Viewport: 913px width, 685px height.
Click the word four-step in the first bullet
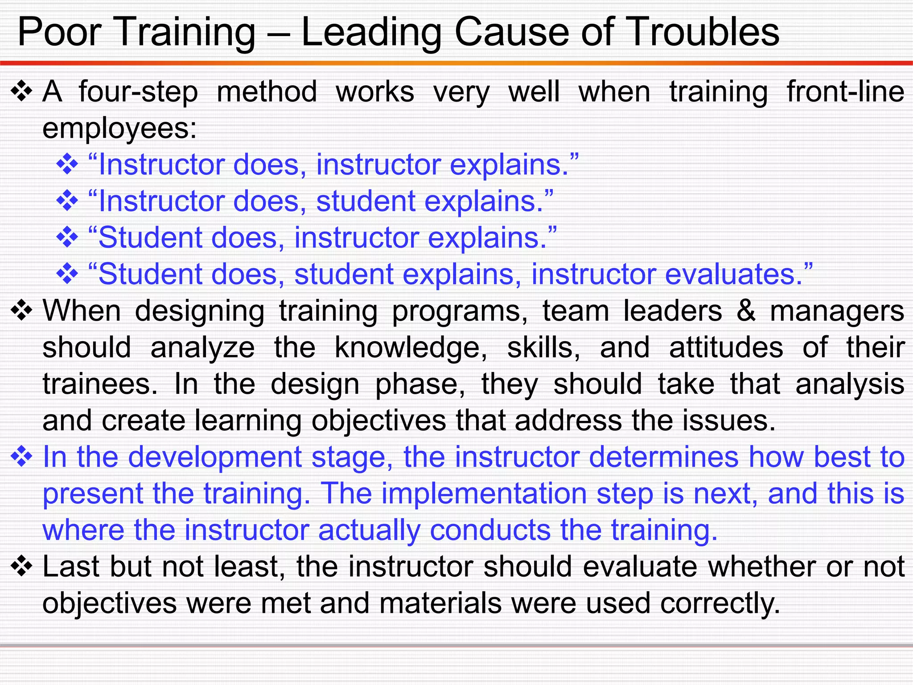(138, 92)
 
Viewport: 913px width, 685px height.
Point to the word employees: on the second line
(119, 129)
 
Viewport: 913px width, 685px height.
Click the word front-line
(845, 92)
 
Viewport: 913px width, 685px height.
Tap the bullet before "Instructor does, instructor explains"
(67, 165)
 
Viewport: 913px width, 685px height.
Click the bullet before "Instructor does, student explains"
(67, 201)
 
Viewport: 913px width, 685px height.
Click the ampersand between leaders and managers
(746, 311)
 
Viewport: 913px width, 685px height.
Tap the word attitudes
(726, 347)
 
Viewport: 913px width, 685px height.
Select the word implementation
(484, 494)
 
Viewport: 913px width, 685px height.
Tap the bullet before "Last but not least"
(21, 567)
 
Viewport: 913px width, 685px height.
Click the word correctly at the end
(720, 603)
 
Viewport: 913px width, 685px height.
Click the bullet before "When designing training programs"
(21, 311)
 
